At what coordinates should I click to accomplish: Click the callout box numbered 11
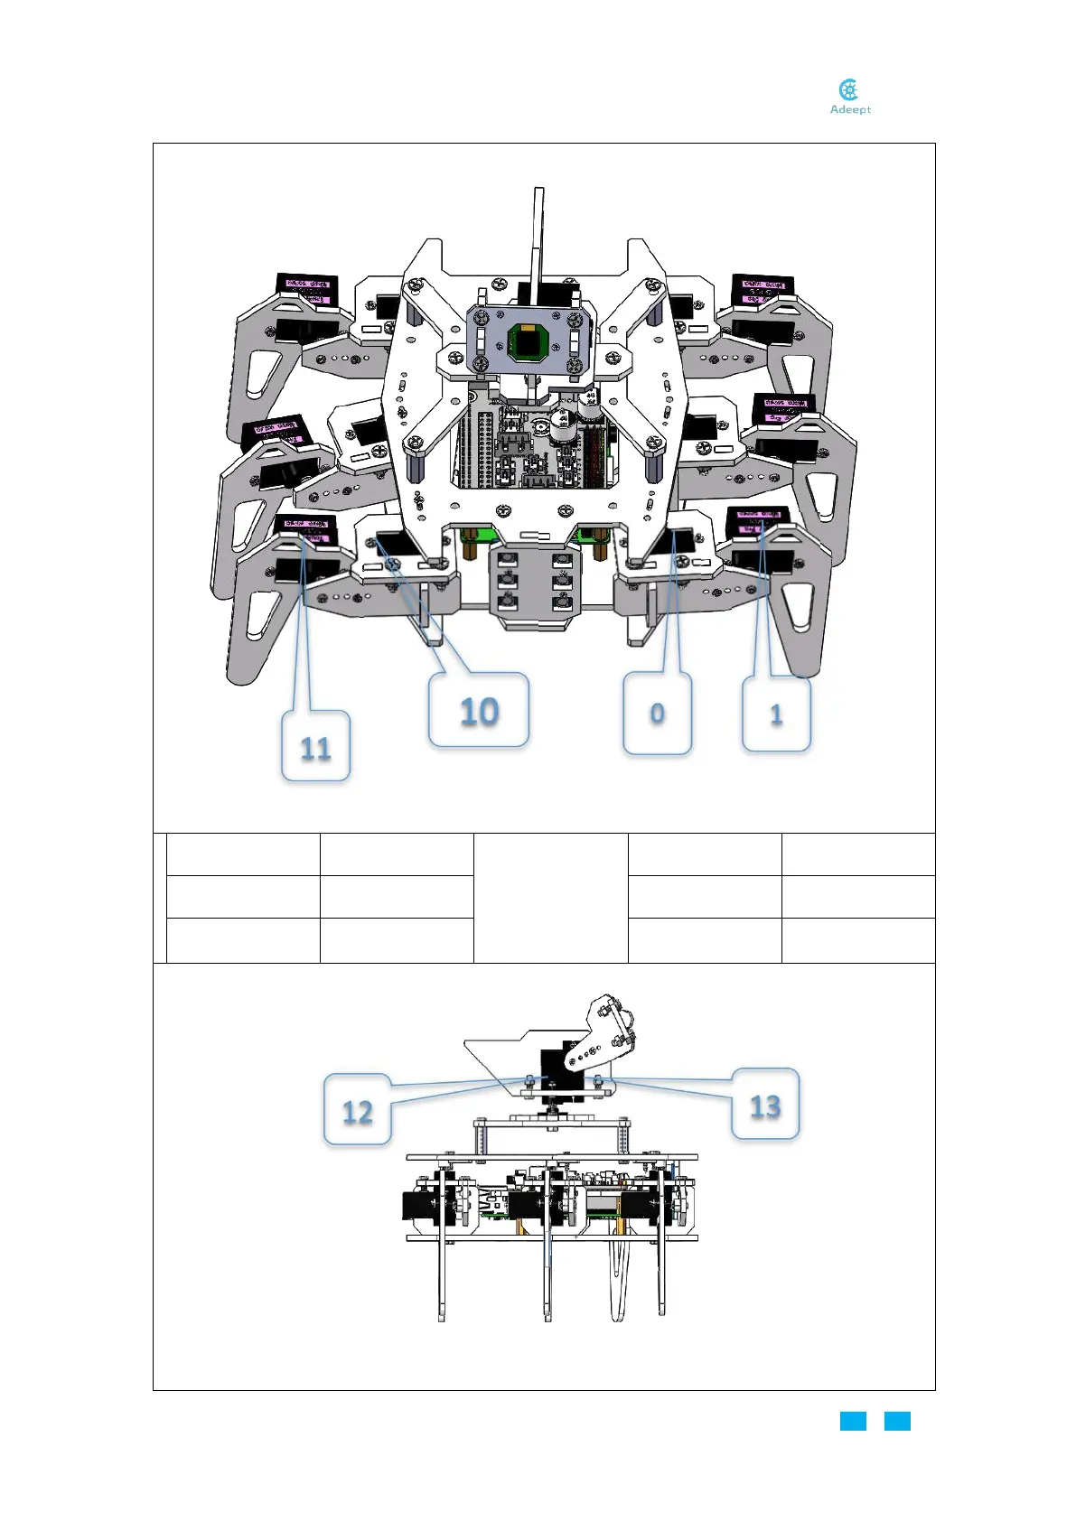point(315,746)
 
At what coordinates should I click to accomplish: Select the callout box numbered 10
point(479,711)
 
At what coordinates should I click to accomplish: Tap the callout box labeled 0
point(657,714)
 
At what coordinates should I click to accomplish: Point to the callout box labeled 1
point(776,714)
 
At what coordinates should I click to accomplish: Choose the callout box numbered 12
point(358,1110)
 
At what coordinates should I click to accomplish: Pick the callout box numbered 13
point(765,1105)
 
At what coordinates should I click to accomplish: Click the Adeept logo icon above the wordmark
point(848,89)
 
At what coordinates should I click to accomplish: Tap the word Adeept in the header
point(850,110)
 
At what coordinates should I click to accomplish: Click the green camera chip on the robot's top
point(529,342)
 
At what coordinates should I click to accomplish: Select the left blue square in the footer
point(853,1421)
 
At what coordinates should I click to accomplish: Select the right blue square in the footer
point(897,1421)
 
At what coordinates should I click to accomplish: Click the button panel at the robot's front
point(535,588)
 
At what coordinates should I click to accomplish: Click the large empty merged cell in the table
point(550,898)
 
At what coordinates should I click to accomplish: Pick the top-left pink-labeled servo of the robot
point(306,288)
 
